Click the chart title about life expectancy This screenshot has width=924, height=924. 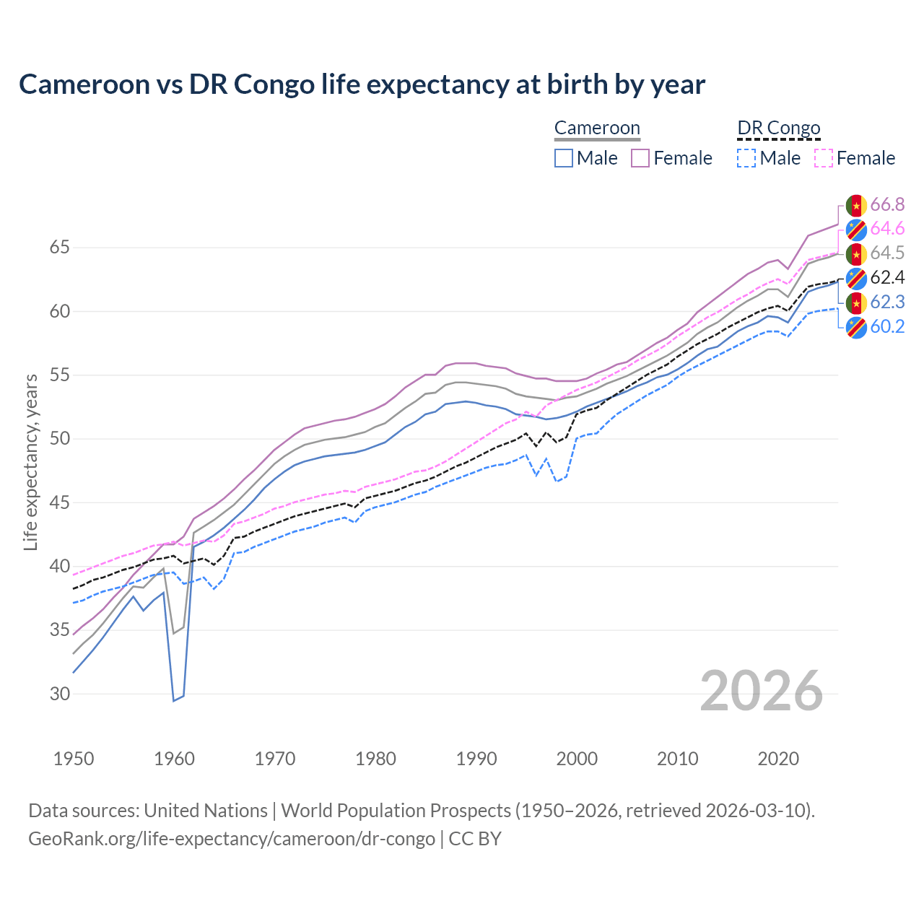[x=362, y=84]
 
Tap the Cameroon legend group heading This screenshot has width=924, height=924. [x=597, y=128]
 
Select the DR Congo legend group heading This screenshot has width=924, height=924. [x=779, y=128]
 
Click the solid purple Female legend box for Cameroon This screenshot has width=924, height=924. [x=641, y=158]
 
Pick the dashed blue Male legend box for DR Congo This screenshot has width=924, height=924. [x=746, y=158]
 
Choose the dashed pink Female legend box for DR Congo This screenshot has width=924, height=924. [x=824, y=158]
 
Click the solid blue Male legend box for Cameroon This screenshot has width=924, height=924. [x=564, y=158]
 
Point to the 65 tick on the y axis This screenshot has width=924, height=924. [x=59, y=248]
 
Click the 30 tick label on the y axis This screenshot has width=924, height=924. [x=59, y=694]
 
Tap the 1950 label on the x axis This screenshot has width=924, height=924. [x=74, y=759]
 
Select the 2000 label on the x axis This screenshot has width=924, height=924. [x=577, y=759]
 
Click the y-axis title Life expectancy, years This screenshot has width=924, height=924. [x=30, y=462]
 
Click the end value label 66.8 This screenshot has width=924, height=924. [x=887, y=204]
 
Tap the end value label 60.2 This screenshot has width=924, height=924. [x=887, y=326]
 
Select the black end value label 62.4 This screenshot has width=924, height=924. [x=887, y=278]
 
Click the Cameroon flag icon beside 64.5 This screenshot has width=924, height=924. [x=856, y=253]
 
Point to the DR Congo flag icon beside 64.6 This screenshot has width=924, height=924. [x=856, y=229]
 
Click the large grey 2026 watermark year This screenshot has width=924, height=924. [x=761, y=691]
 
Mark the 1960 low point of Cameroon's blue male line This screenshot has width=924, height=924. [x=174, y=700]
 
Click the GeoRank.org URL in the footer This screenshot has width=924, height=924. [x=231, y=839]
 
